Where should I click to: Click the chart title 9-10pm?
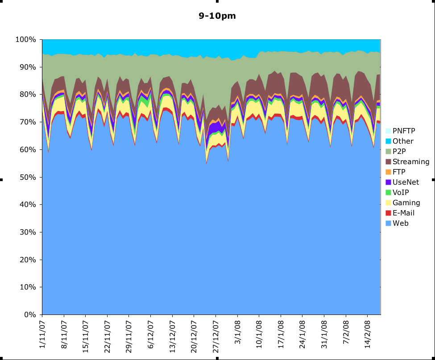click(x=217, y=16)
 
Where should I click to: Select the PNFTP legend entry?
click(x=404, y=131)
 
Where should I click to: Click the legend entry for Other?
click(x=403, y=141)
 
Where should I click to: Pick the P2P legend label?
click(x=400, y=151)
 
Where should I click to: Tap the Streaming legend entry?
click(x=411, y=161)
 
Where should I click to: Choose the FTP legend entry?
click(x=399, y=172)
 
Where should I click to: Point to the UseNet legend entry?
click(x=406, y=182)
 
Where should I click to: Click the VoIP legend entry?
click(x=401, y=192)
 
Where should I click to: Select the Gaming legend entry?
click(x=406, y=203)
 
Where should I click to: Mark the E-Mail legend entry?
click(x=403, y=213)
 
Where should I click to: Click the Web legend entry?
click(x=400, y=223)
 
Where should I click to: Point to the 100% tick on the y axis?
click(x=25, y=40)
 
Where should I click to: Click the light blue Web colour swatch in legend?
click(x=389, y=223)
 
